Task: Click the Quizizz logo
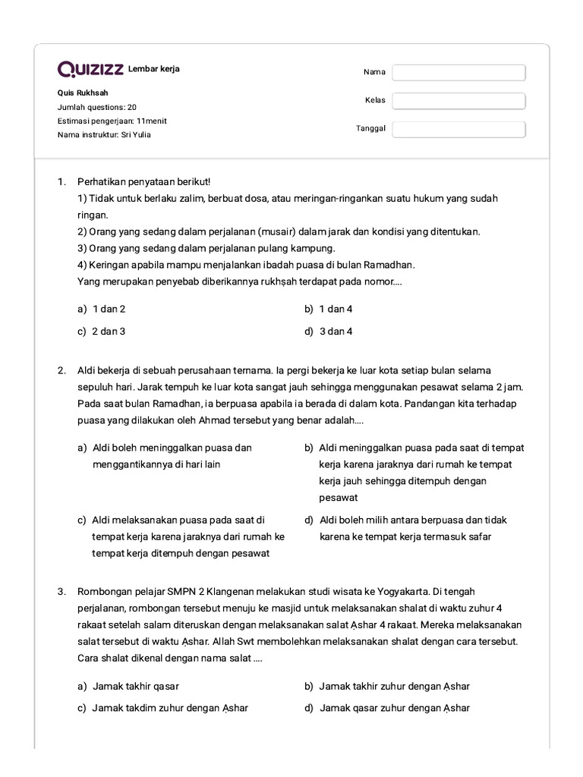91,70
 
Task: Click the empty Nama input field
459,72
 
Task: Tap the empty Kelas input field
459,101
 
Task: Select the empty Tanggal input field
459,129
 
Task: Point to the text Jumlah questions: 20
97,107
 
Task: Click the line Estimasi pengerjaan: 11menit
112,121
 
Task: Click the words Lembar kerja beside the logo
154,70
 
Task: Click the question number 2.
61,370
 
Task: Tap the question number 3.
61,591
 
